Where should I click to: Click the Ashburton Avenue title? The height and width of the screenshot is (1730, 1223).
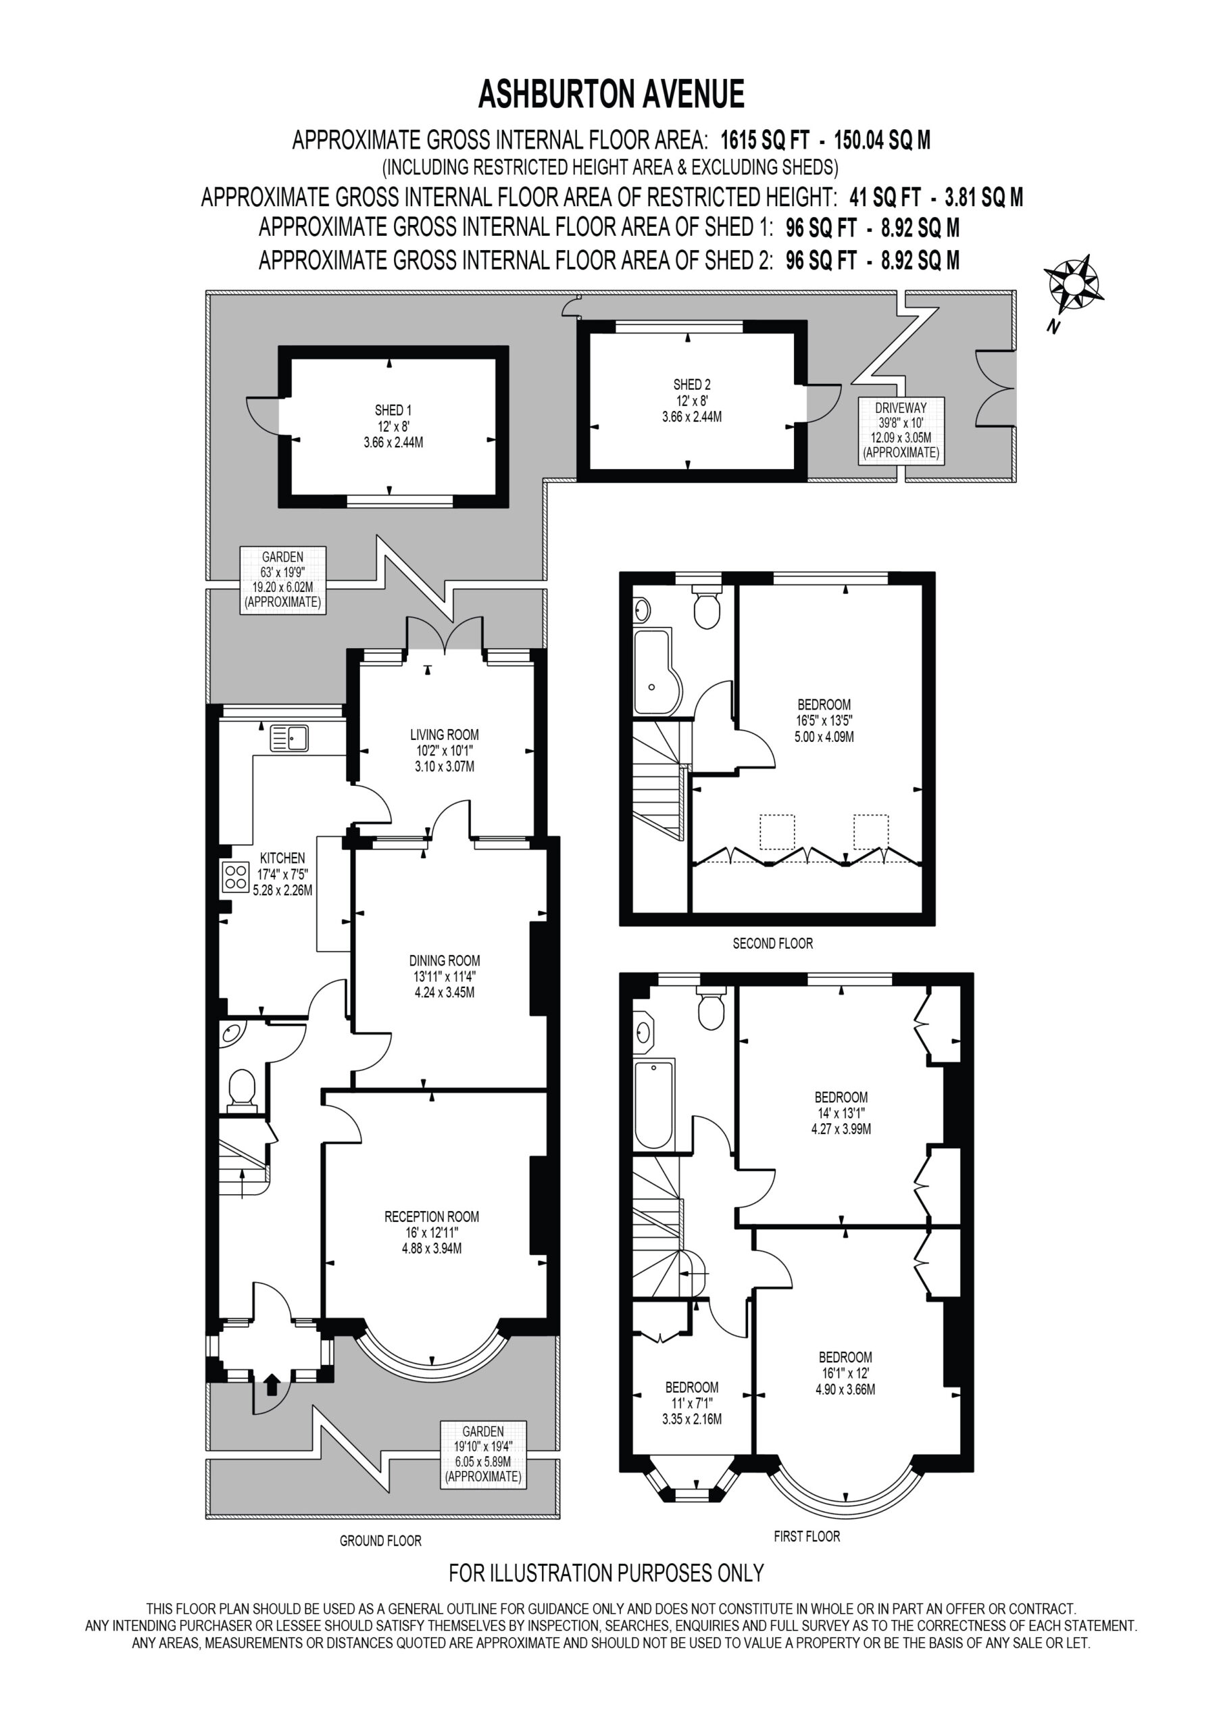pos(611,95)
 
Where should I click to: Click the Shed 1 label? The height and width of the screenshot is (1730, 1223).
pos(393,426)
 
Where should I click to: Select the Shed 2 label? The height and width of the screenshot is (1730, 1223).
pos(692,400)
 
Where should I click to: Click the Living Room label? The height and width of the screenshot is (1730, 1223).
pos(445,751)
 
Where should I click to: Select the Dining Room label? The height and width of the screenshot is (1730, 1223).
pos(445,977)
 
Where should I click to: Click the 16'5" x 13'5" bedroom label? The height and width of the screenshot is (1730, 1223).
pos(824,721)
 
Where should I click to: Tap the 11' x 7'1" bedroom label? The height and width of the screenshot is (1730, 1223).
pos(692,1403)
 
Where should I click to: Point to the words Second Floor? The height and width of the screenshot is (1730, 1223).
pos(773,943)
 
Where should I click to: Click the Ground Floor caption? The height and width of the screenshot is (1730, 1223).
pos(380,1541)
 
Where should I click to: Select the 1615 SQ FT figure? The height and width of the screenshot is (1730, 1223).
pos(765,140)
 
